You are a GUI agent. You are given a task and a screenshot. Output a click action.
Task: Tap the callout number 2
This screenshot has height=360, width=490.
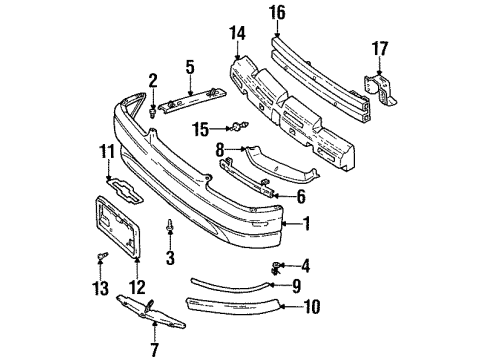(152, 80)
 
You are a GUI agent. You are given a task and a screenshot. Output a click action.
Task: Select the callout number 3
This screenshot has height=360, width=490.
(171, 259)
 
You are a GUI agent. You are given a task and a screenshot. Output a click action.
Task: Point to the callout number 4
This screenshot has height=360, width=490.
(307, 265)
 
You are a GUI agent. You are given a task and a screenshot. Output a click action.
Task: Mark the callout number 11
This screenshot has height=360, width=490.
(104, 151)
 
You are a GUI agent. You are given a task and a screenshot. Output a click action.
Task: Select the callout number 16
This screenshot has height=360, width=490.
(276, 12)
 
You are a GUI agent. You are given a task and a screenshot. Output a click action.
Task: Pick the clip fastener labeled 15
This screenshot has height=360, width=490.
(239, 127)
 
